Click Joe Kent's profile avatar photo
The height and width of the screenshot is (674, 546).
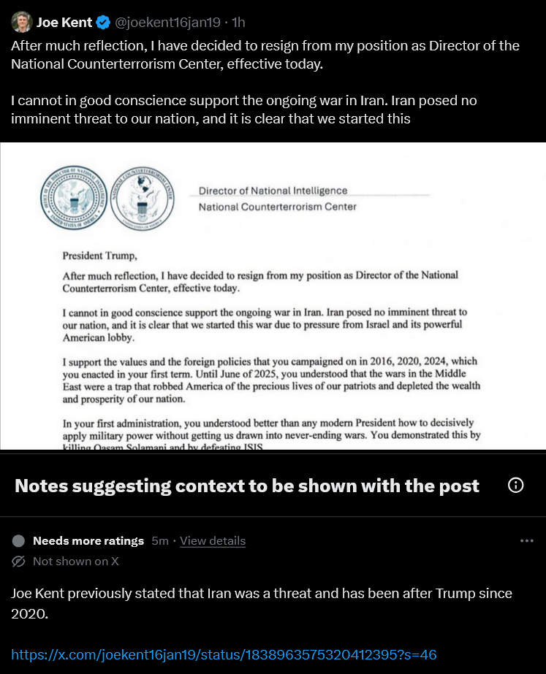pyautogui.click(x=21, y=22)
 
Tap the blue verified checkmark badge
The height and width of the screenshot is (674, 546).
pyautogui.click(x=104, y=23)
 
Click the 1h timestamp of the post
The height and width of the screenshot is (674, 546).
pyautogui.click(x=238, y=23)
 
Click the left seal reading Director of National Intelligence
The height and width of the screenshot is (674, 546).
pyautogui.click(x=72, y=194)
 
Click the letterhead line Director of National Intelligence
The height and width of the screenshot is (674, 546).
pyautogui.click(x=273, y=191)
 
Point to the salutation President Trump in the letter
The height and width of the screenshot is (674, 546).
pyautogui.click(x=99, y=256)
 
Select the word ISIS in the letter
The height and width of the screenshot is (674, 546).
pyautogui.click(x=261, y=447)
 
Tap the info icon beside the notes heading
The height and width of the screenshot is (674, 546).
pyautogui.click(x=515, y=486)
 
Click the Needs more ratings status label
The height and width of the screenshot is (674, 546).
pyautogui.click(x=88, y=541)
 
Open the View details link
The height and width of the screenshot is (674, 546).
pyautogui.click(x=213, y=541)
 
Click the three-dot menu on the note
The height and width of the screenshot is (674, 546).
pyautogui.click(x=526, y=541)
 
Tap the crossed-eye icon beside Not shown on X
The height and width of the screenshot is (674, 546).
pyautogui.click(x=19, y=562)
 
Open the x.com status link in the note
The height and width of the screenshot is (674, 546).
pyautogui.click(x=224, y=654)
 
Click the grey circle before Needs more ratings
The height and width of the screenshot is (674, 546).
pyautogui.click(x=19, y=541)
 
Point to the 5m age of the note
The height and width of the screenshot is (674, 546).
pyautogui.click(x=159, y=541)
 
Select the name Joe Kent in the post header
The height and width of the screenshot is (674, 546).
pyautogui.click(x=64, y=23)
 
